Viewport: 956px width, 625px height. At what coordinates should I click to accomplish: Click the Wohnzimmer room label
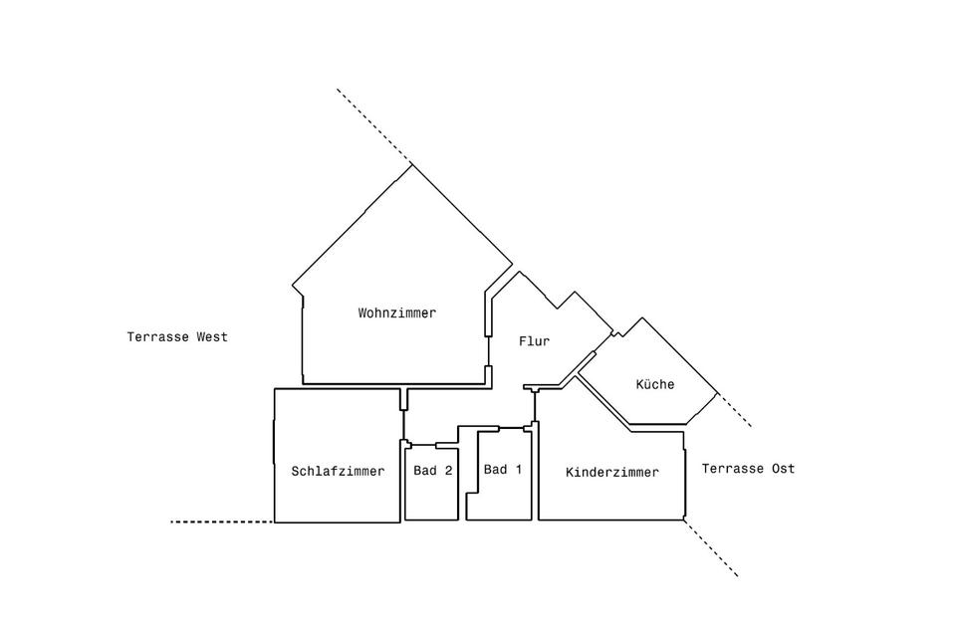397,312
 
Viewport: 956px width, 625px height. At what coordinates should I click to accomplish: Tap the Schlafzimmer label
338,472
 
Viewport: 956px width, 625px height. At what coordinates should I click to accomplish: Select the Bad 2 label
433,472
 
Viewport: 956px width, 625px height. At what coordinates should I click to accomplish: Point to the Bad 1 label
502,469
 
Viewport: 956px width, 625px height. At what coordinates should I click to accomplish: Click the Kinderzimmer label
611,473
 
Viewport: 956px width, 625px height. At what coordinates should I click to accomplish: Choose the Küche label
654,384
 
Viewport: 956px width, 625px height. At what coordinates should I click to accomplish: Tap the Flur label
534,341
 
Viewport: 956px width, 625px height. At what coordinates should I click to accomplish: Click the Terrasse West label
177,337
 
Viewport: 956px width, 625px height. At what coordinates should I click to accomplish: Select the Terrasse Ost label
748,469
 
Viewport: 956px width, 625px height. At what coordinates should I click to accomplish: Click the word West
211,337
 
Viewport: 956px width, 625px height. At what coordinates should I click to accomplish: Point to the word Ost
783,469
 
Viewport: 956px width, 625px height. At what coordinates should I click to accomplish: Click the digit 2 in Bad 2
449,472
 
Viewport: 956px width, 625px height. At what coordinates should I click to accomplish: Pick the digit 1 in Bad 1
518,469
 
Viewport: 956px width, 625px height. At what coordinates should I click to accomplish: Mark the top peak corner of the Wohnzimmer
412,164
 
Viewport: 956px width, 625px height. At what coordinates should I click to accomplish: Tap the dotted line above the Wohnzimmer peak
373,125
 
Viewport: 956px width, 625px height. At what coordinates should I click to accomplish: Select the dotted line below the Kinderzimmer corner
711,548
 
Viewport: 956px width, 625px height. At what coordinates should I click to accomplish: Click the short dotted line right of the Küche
735,411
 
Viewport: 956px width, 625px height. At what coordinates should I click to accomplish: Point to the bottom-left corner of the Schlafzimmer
275,521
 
